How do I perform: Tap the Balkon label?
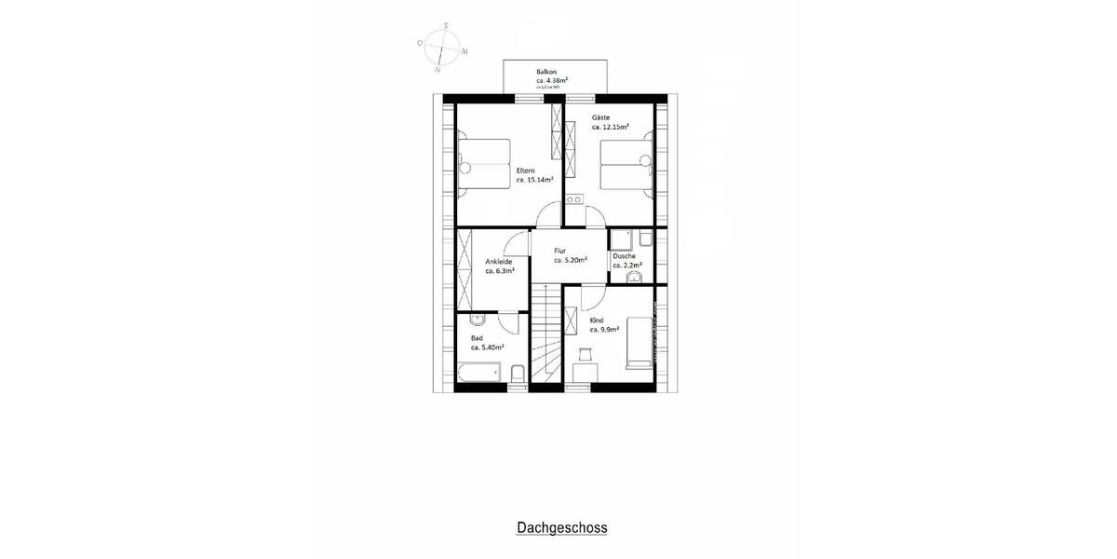[x=545, y=72]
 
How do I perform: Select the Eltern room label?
[x=526, y=170]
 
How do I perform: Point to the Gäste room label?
[x=600, y=117]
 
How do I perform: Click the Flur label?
[x=559, y=251]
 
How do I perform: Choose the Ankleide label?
[x=499, y=262]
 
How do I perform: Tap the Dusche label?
[x=624, y=256]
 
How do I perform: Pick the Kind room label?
[x=597, y=320]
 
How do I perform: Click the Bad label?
[x=477, y=338]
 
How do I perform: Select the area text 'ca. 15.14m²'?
[x=534, y=181]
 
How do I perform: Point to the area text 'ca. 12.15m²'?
[x=610, y=128]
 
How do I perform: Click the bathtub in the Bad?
[x=480, y=375]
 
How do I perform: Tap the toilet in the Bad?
[x=518, y=375]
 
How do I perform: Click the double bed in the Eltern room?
[x=485, y=164]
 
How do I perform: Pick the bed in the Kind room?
[x=639, y=342]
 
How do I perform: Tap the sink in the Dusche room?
[x=636, y=277]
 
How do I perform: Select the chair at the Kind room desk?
[x=585, y=354]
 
